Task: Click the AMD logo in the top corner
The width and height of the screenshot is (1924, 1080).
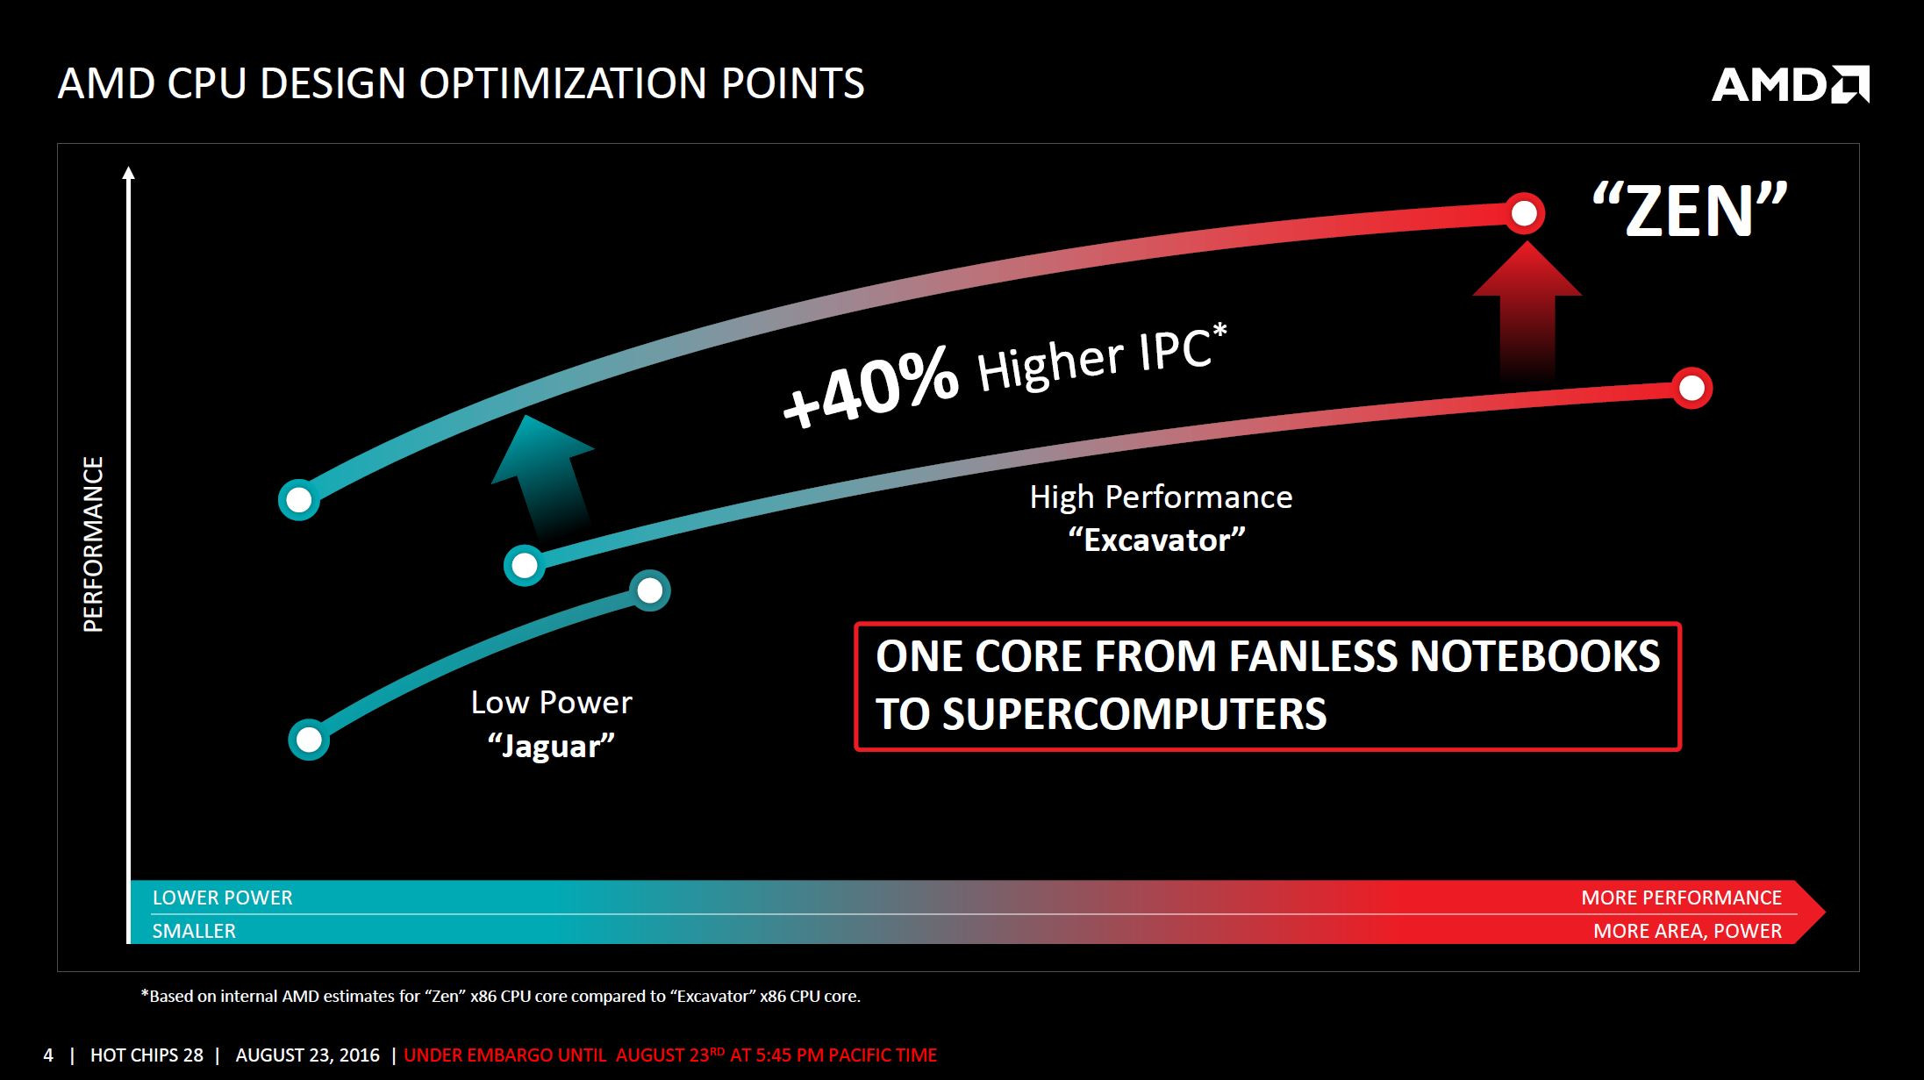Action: tap(1790, 85)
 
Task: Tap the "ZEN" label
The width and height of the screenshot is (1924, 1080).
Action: tap(1690, 211)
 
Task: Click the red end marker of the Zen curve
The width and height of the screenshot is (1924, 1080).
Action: tap(1525, 213)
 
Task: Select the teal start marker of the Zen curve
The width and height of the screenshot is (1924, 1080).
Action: tap(299, 500)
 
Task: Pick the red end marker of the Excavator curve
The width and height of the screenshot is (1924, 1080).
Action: tap(1692, 388)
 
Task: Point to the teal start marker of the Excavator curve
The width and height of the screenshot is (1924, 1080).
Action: tap(525, 565)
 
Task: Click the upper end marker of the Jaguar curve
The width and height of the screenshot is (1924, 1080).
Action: tap(650, 590)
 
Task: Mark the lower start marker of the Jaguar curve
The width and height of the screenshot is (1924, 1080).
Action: tap(309, 740)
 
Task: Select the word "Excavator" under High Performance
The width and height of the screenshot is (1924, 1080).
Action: tap(1156, 540)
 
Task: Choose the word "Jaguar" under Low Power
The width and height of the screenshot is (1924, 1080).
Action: tap(551, 746)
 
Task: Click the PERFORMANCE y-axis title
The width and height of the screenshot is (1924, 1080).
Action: tap(93, 544)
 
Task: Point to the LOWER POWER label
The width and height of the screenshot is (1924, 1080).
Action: tap(223, 898)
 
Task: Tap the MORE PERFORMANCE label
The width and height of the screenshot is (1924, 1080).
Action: tap(1681, 898)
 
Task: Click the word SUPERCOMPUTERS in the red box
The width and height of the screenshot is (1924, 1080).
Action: tap(1101, 714)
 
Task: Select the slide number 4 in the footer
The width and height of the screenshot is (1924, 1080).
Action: tap(48, 1055)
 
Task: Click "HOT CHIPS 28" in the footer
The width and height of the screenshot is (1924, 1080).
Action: tap(147, 1055)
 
